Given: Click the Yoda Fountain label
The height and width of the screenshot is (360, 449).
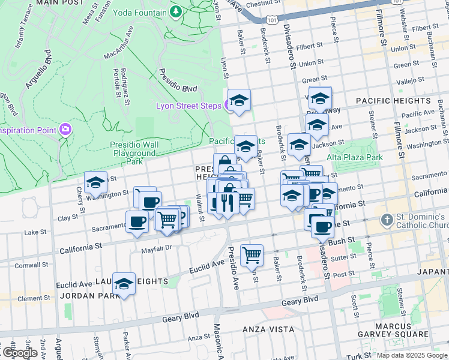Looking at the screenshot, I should [142, 11].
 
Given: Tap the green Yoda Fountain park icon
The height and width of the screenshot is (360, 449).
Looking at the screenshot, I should [176, 11].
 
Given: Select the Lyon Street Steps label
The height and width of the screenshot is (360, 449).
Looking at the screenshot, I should [188, 106].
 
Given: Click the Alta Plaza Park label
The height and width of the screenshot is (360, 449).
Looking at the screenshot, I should [355, 157].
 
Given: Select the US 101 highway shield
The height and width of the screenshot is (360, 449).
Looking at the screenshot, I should [273, 20].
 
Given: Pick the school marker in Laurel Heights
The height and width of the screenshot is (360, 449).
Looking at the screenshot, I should [124, 284].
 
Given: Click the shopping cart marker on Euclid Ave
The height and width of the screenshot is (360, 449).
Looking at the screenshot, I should [252, 254].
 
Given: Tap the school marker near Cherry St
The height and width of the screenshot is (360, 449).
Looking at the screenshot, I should [95, 182].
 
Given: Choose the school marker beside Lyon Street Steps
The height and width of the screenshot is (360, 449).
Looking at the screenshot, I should [239, 100].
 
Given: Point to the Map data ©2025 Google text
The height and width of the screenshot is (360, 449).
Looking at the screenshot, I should [412, 355].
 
